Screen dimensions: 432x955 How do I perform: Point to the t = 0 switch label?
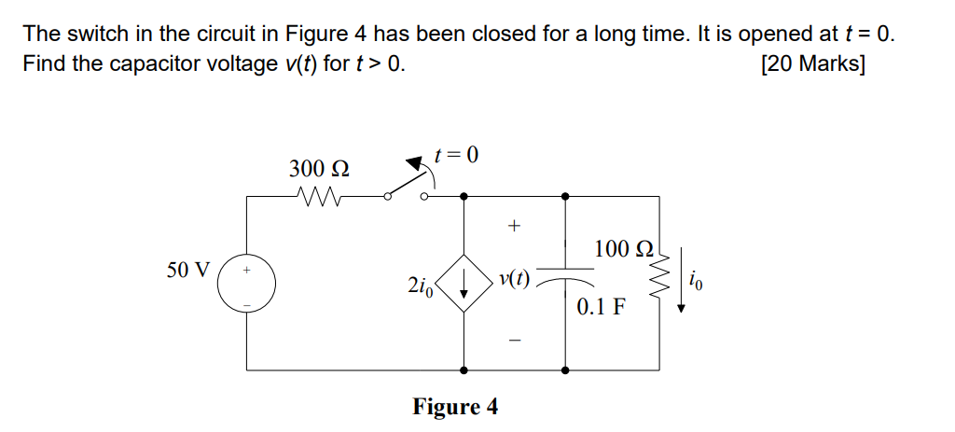click(x=456, y=155)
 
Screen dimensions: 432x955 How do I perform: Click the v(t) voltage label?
click(x=514, y=279)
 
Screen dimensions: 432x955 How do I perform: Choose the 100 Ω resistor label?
click(x=625, y=249)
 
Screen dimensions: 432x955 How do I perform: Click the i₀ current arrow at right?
click(x=684, y=281)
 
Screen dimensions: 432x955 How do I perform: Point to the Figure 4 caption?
click(x=455, y=407)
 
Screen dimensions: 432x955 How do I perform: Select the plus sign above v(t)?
click(x=511, y=226)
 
